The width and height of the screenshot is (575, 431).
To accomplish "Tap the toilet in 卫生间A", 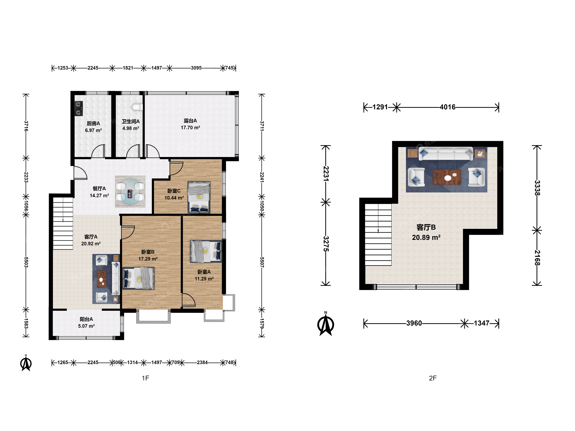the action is pyautogui.click(x=137, y=107).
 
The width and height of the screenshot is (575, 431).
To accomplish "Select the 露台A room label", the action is pyautogui.click(x=190, y=121).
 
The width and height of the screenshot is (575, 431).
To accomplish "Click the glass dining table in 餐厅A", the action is pyautogui.click(x=130, y=192).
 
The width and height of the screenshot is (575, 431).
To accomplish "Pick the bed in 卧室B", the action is pyautogui.click(x=138, y=278).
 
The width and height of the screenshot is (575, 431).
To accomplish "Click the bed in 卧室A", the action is pyautogui.click(x=206, y=251).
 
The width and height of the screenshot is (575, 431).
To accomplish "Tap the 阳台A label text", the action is pyautogui.click(x=86, y=319).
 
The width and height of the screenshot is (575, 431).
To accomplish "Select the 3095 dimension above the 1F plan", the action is pyautogui.click(x=196, y=68).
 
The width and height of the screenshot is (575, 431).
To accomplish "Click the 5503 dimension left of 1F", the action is pyautogui.click(x=26, y=262).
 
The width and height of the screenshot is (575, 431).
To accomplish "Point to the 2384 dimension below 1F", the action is pyautogui.click(x=202, y=362).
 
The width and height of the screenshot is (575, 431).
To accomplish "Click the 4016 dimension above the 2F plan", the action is pyautogui.click(x=448, y=107).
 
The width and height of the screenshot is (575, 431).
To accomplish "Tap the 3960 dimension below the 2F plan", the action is pyautogui.click(x=414, y=323).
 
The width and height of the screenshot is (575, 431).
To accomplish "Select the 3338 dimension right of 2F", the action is pyautogui.click(x=537, y=188).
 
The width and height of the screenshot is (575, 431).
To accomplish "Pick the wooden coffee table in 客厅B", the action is pyautogui.click(x=447, y=177).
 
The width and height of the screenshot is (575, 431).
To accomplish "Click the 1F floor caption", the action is pyautogui.click(x=146, y=378).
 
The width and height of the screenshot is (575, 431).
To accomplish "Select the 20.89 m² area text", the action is pyautogui.click(x=426, y=237).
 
